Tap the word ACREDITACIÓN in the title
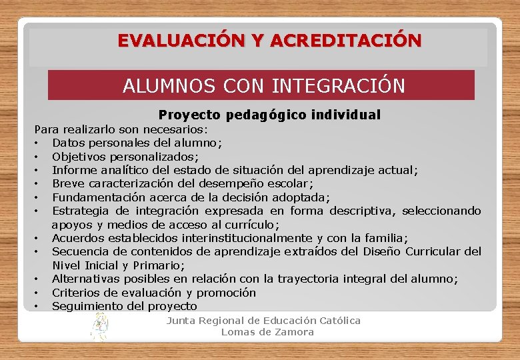tap(345, 41)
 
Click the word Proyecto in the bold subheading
tap(189, 115)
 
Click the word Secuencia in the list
tap(79, 251)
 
